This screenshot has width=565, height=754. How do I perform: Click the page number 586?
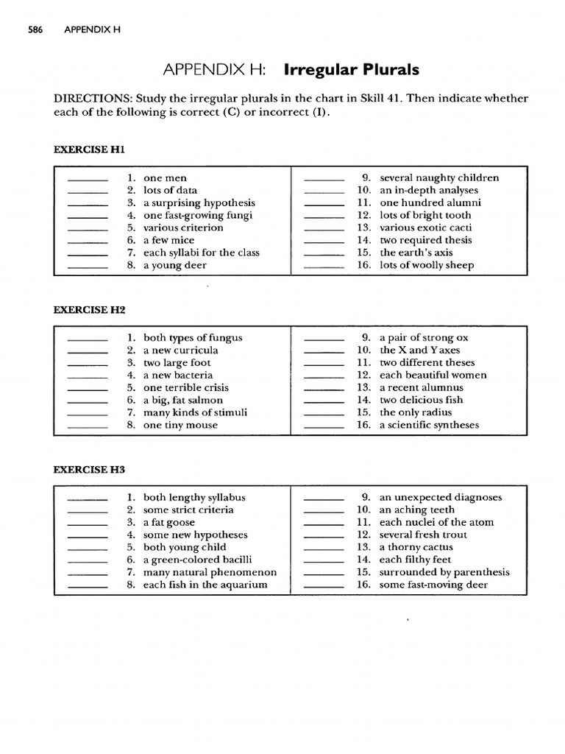(x=35, y=30)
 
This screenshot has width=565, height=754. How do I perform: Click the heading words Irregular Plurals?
(x=351, y=70)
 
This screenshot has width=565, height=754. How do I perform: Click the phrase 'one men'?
(x=165, y=177)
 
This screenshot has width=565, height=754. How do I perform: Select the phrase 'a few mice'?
(x=168, y=240)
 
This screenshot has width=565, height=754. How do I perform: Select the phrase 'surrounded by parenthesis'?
(x=444, y=572)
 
